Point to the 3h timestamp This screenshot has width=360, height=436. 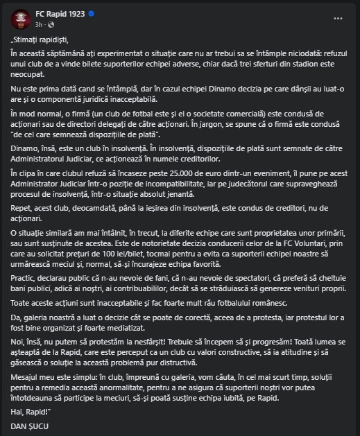click(40, 23)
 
